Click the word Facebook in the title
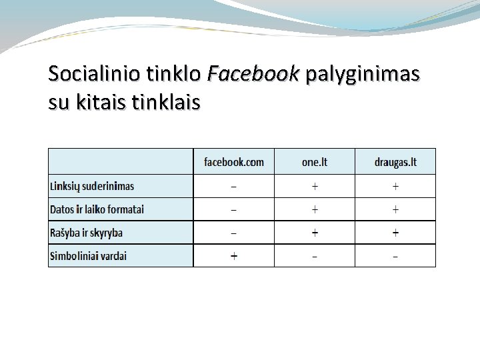pyautogui.click(x=253, y=73)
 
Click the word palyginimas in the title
pyautogui.click(x=363, y=75)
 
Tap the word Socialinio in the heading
pyautogui.click(x=91, y=73)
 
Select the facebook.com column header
pyautogui.click(x=233, y=162)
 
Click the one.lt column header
pyautogui.click(x=314, y=162)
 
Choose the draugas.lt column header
pyautogui.click(x=395, y=162)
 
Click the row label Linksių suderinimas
pyautogui.click(x=92, y=186)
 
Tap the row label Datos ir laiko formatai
pyautogui.click(x=97, y=209)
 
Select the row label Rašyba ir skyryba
pyautogui.click(x=86, y=233)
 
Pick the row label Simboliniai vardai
pyautogui.click(x=88, y=256)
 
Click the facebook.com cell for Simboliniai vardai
pyautogui.click(x=233, y=256)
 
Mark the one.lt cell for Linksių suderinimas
pyautogui.click(x=315, y=186)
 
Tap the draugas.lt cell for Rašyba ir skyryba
pyautogui.click(x=395, y=233)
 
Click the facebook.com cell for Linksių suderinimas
pyautogui.click(x=233, y=186)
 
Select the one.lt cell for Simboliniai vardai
pyautogui.click(x=315, y=256)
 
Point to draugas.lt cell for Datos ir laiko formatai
pyautogui.click(x=395, y=209)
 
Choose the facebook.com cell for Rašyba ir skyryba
pyautogui.click(x=233, y=233)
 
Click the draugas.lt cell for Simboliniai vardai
pyautogui.click(x=395, y=256)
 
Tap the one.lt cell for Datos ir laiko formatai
pyautogui.click(x=315, y=209)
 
